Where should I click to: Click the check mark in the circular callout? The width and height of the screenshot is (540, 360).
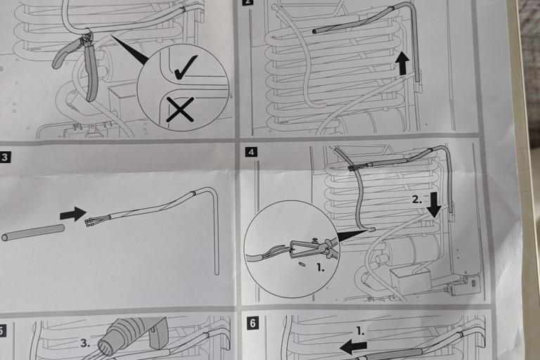click(186, 68)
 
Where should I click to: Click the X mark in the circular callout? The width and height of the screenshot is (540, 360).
click(180, 110)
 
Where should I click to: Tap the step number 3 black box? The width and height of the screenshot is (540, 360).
click(5, 157)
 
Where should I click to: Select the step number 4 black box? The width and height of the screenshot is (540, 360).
click(251, 152)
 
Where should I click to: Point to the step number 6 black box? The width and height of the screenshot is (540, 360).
click(253, 323)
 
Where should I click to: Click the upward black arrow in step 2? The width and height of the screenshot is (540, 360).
click(402, 63)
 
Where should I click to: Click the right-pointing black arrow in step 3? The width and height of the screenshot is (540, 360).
click(73, 214)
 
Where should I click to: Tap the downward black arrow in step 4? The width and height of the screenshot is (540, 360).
click(435, 205)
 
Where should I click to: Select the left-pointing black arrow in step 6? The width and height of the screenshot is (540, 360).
click(353, 347)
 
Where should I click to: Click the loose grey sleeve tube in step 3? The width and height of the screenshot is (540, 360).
click(33, 233)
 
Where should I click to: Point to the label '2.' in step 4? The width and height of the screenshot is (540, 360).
click(417, 200)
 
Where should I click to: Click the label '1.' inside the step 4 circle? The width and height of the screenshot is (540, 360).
click(321, 268)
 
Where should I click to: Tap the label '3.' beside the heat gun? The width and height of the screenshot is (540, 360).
click(85, 343)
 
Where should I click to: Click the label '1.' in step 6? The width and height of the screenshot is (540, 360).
click(360, 331)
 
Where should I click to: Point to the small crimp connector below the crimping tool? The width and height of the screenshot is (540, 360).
click(302, 264)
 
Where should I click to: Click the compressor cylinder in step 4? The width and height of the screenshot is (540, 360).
click(410, 252)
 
